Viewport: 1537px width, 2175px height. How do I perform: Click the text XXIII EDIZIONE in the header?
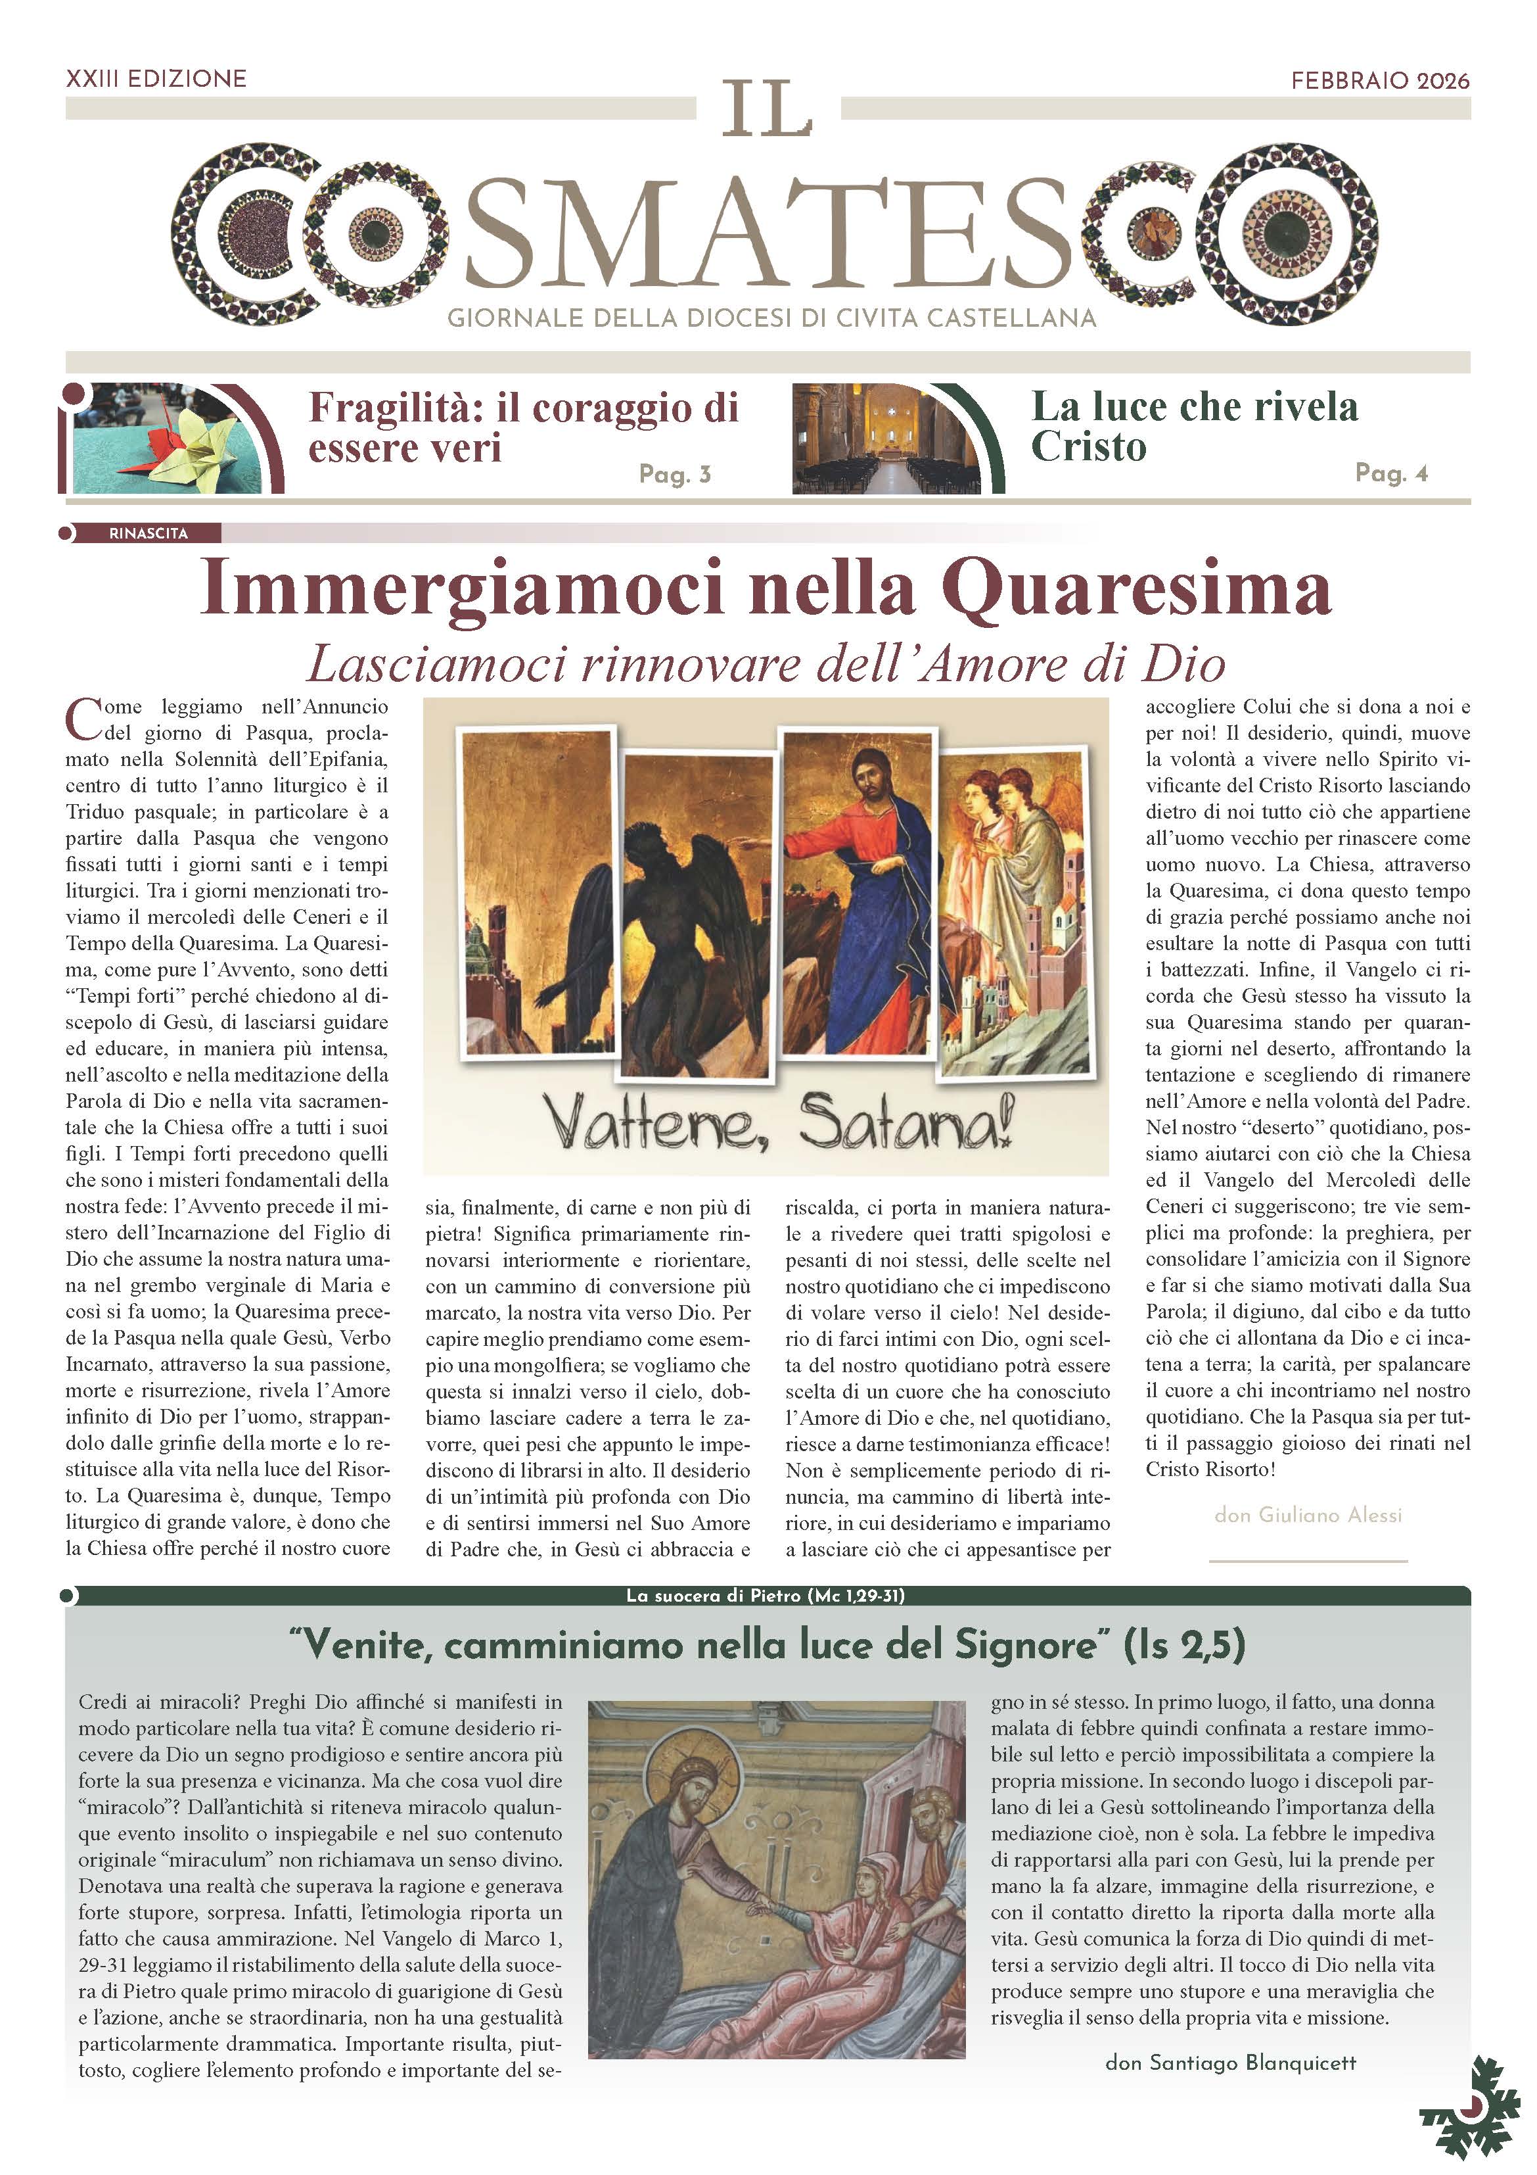coord(156,79)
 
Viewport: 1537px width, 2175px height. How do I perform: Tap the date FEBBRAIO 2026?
coord(1380,80)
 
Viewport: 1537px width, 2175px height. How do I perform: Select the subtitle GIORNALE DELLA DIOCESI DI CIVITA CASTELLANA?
coord(772,318)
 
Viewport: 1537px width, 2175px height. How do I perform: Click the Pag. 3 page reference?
coord(674,473)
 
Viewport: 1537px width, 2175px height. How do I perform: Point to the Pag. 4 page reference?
coord(1391,473)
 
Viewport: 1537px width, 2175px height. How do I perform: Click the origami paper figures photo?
coord(175,439)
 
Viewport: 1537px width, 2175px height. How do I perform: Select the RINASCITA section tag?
coord(148,533)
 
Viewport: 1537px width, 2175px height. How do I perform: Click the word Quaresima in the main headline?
coord(1136,589)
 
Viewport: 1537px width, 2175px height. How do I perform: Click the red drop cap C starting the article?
coord(83,718)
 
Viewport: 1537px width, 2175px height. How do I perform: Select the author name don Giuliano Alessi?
coord(1307,1515)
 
